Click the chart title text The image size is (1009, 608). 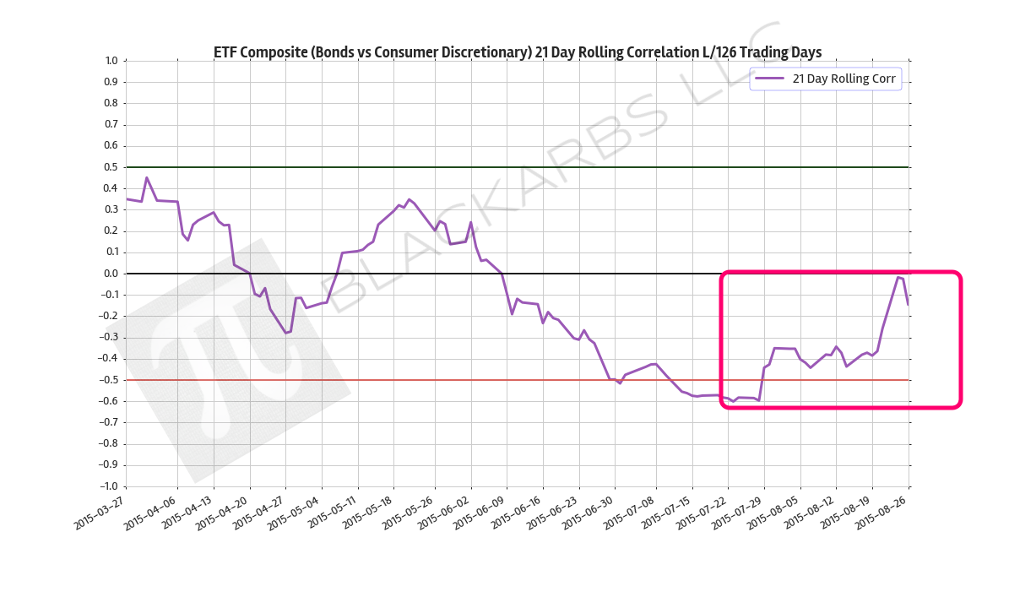(x=517, y=52)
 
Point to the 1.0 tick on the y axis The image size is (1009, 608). (x=111, y=61)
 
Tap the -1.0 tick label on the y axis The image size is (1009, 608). (x=109, y=486)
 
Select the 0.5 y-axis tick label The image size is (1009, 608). (x=111, y=167)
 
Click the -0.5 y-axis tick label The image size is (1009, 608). (x=109, y=380)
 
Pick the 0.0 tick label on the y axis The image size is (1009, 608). (x=111, y=274)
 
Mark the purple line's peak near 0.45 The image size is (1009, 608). (x=146, y=177)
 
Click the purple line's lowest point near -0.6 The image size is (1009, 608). (x=758, y=400)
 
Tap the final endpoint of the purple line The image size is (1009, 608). (x=908, y=304)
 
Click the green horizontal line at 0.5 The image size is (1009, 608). (x=507, y=167)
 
